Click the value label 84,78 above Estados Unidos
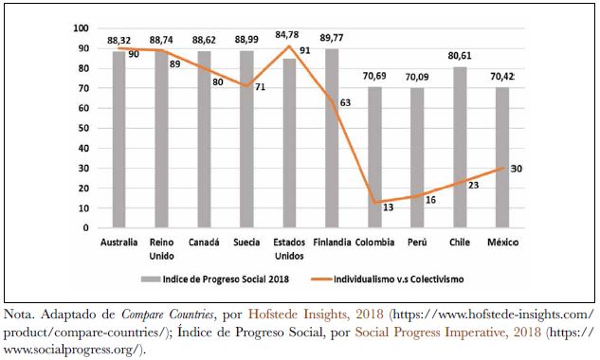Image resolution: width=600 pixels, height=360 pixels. coord(289,35)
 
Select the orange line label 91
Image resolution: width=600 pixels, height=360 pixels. coord(304,50)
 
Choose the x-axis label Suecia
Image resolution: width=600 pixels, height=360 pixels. coord(245,243)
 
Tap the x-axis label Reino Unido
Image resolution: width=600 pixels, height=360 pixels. coord(161,248)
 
